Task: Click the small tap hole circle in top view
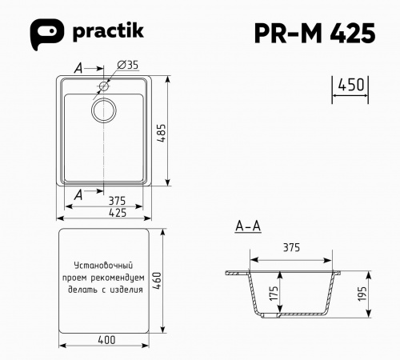pyautogui.click(x=105, y=85)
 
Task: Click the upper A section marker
pyautogui.click(x=78, y=70)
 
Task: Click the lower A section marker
pyautogui.click(x=78, y=194)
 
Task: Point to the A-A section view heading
pyautogui.click(x=248, y=227)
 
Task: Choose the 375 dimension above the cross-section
pyautogui.click(x=292, y=248)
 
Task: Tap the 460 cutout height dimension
pyautogui.click(x=158, y=280)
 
